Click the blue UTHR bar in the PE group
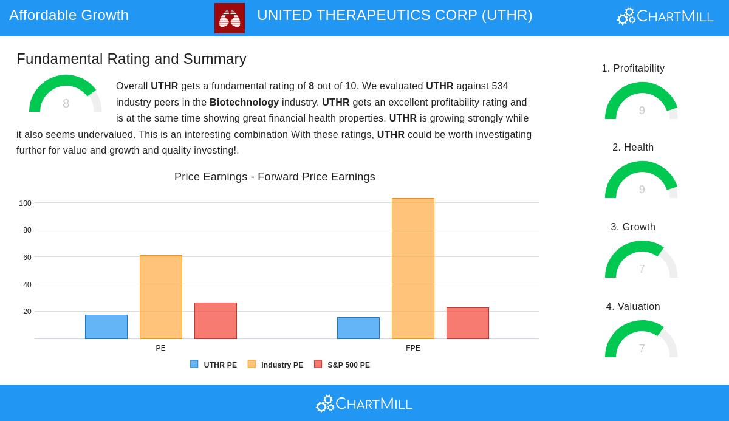pos(106,327)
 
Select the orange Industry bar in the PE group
pos(161,297)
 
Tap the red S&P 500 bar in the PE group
pos(216,321)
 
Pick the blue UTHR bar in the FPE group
pos(358,328)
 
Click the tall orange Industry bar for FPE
pos(413,269)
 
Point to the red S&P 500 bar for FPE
pos(468,323)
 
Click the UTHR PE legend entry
pos(214,365)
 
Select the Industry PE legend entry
pos(276,365)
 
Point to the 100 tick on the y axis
pos(25,204)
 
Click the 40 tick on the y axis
pos(27,285)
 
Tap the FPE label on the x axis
pos(413,348)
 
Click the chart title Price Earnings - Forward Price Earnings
pos(275,177)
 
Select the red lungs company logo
pos(230,18)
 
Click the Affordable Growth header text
pos(69,15)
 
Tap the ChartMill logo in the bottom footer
pos(364,403)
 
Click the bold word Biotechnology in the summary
pos(244,102)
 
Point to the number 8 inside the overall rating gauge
pos(66,103)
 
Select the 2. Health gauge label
pos(633,148)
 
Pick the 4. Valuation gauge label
pos(633,307)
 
